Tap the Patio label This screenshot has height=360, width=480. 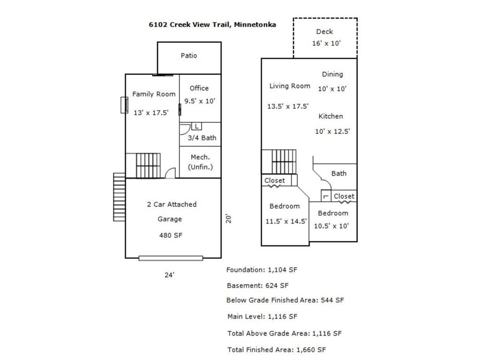click(x=189, y=55)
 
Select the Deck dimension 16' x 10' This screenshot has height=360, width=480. click(x=326, y=43)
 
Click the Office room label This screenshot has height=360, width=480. click(x=199, y=88)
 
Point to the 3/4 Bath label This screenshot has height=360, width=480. click(x=202, y=138)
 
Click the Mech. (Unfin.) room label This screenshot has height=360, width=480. click(x=200, y=162)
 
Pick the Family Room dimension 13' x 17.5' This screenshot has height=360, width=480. click(x=151, y=112)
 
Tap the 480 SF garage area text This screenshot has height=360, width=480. click(x=171, y=235)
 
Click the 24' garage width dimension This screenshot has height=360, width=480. click(x=169, y=275)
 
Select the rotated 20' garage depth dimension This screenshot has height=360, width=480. click(x=228, y=218)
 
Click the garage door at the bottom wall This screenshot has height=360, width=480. click(x=171, y=258)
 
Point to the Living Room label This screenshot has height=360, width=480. click(x=290, y=86)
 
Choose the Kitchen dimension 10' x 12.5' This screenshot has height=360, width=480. click(x=332, y=131)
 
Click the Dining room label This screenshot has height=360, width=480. click(x=332, y=74)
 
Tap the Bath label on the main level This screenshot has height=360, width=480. click(x=339, y=173)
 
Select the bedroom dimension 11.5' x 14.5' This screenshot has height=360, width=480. click(x=286, y=221)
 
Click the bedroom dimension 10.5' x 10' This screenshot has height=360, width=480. click(x=331, y=226)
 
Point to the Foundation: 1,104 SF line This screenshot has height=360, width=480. click(x=262, y=270)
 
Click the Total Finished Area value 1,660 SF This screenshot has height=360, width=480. click(x=311, y=350)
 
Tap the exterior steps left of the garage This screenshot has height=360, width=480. click(x=119, y=197)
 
